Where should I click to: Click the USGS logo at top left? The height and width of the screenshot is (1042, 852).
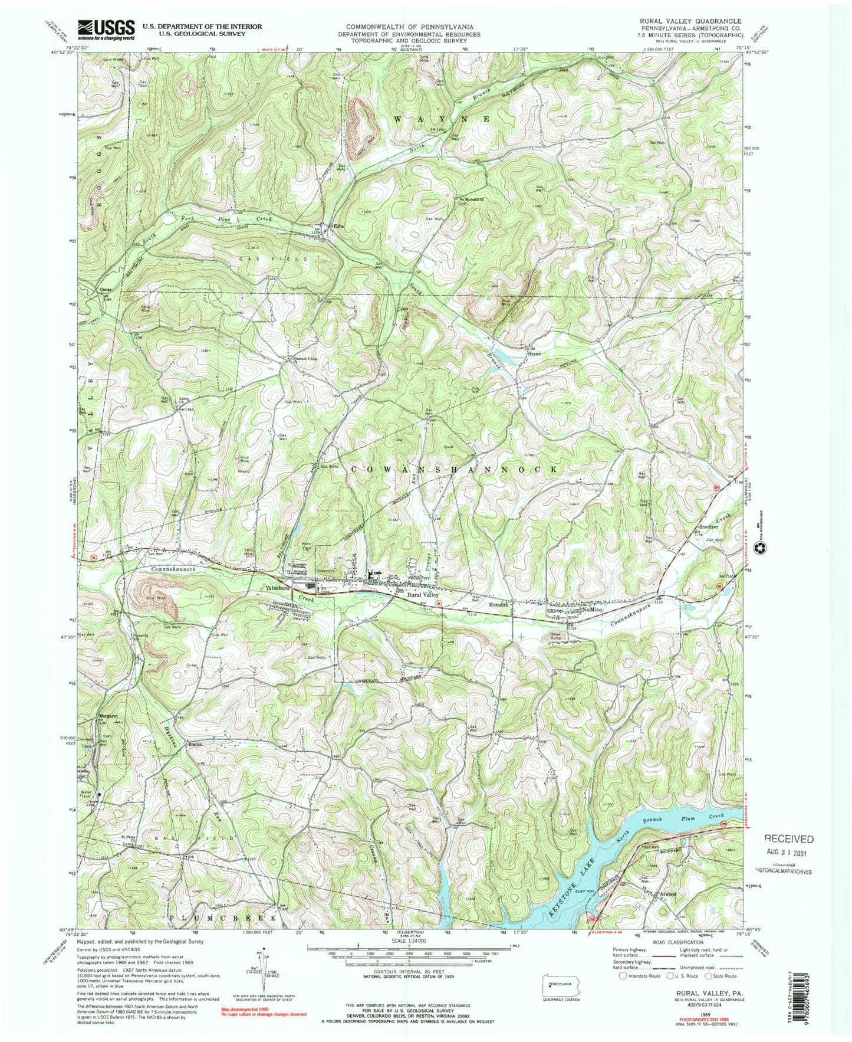click(106, 30)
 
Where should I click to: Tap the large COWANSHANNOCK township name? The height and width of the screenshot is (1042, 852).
click(454, 468)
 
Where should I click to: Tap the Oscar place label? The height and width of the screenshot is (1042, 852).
click(106, 289)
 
